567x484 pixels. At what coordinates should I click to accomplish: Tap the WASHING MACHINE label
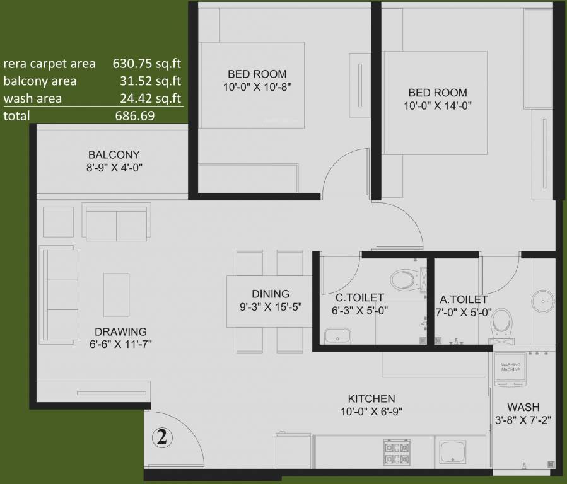[x=510, y=367]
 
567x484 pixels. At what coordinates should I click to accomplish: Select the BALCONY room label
[x=114, y=154]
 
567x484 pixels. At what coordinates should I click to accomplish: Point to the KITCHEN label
[x=371, y=398]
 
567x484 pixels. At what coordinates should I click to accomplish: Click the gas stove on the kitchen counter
[x=394, y=451]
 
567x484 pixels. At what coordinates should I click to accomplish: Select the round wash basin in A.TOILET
[x=541, y=299]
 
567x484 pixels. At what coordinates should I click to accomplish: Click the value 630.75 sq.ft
[x=146, y=63]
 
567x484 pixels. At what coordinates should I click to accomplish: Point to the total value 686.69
[x=135, y=116]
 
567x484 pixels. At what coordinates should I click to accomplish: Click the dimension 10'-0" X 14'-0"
[x=438, y=106]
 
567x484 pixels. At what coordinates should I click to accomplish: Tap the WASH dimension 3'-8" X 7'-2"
[x=523, y=420]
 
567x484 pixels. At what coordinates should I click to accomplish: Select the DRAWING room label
[x=120, y=331]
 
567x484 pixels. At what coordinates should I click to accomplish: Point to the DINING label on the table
[x=270, y=294]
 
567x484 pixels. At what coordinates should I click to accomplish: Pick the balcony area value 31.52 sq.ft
[x=150, y=81]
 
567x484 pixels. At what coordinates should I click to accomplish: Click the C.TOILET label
[x=359, y=297]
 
